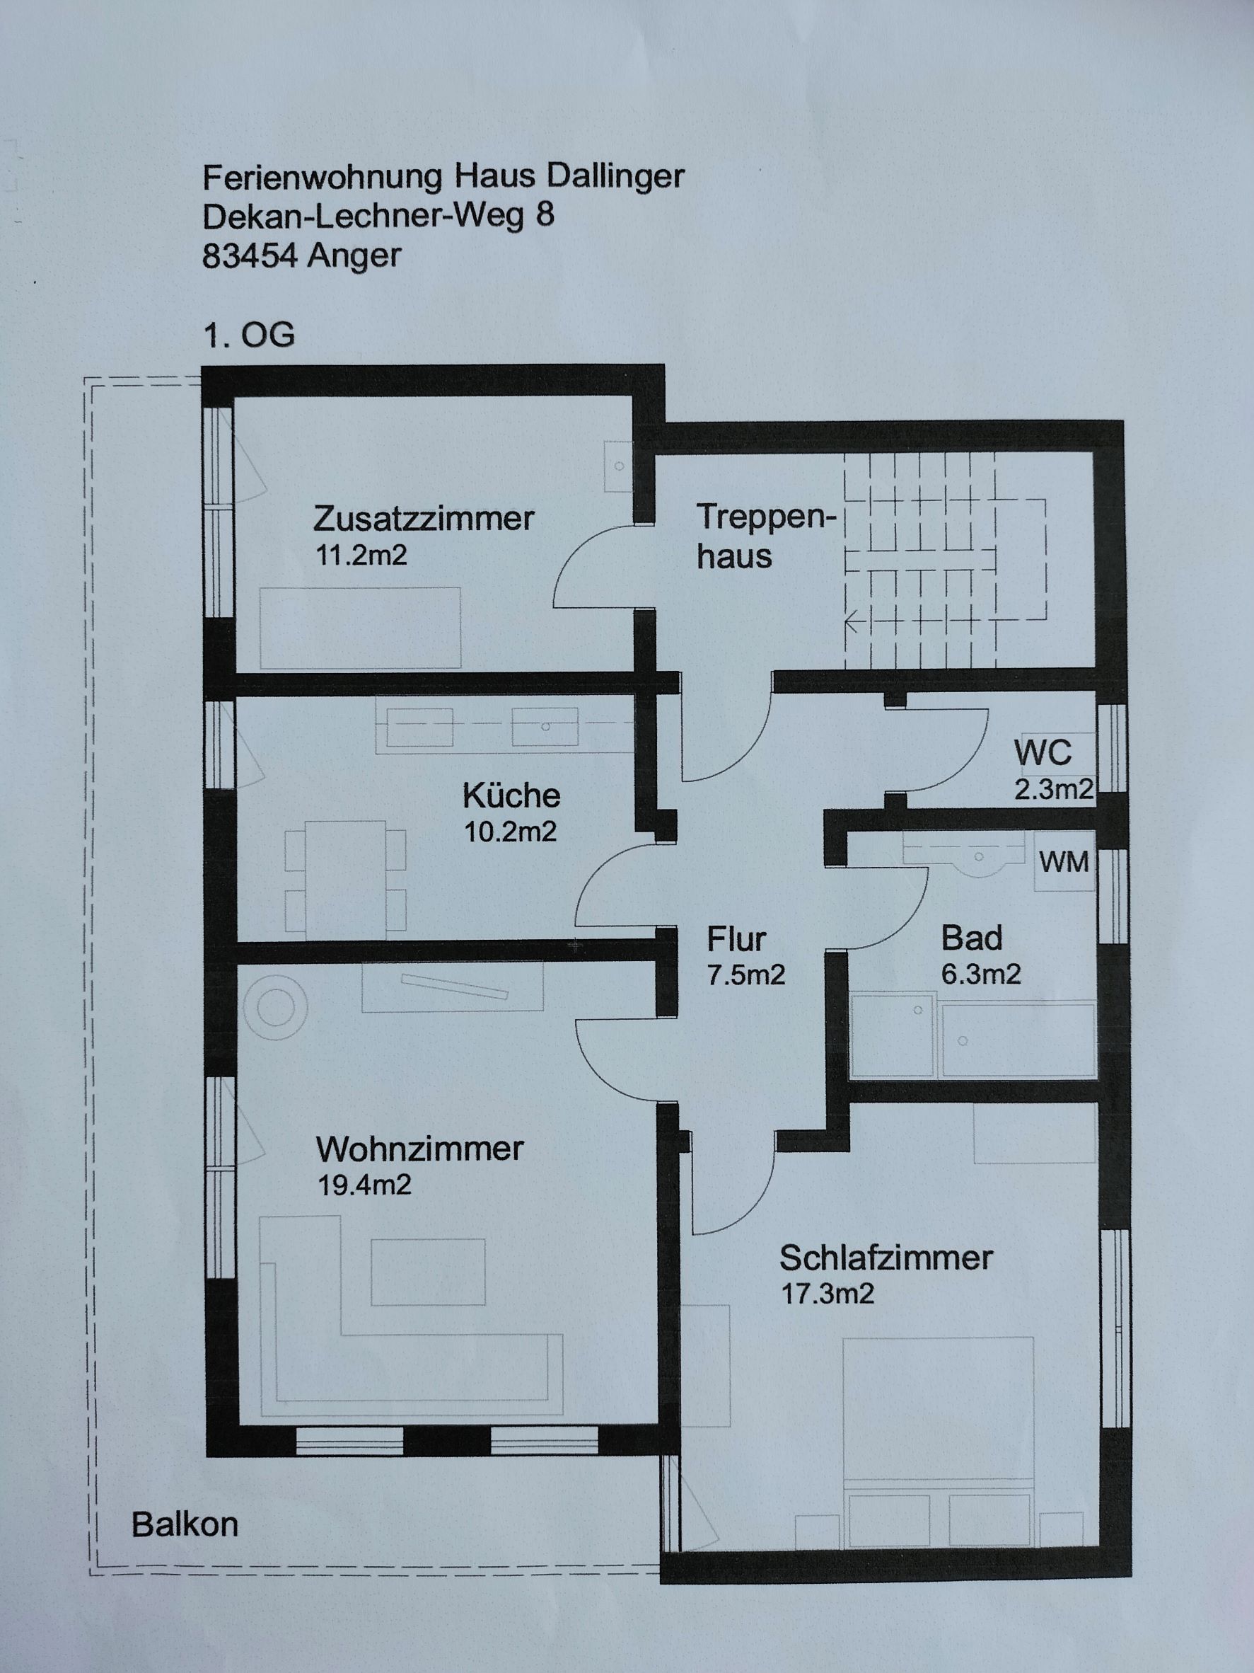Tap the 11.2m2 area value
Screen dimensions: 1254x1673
pos(361,555)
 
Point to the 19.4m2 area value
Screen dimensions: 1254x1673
pos(364,1185)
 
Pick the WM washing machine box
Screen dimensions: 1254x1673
pos(1064,861)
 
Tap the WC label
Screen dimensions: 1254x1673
pos(1043,752)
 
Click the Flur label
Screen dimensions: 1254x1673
pos(736,939)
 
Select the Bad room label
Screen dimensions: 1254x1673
pos(971,938)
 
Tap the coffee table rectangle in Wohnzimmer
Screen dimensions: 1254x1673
pos(428,1272)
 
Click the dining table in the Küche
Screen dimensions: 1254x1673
pos(346,880)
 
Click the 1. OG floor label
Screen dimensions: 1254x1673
pos(249,334)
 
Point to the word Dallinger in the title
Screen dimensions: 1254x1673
pos(615,177)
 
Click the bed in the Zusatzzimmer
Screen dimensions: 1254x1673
pos(361,628)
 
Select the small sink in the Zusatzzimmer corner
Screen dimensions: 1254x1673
pos(618,466)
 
